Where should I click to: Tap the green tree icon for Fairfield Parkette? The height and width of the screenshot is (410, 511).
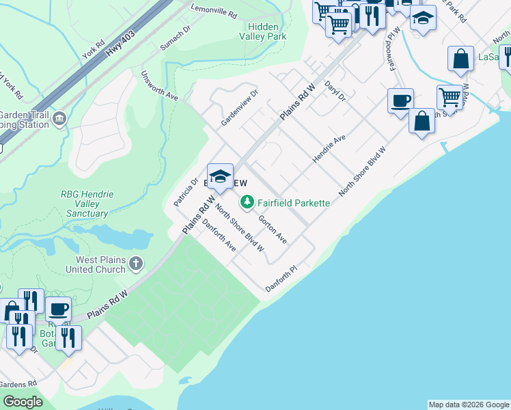pos(247,202)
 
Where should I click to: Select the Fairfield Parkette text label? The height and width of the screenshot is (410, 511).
pos(294,203)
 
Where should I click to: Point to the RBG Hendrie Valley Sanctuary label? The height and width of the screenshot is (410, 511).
pos(87,204)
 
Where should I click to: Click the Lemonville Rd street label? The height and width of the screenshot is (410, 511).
pos(212,14)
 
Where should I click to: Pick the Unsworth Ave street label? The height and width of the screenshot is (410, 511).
pos(159,86)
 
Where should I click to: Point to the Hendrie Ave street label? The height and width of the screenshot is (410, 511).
pos(329,152)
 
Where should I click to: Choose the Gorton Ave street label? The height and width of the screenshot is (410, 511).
pos(273,230)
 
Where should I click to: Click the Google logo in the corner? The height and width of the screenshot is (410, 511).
pos(23,402)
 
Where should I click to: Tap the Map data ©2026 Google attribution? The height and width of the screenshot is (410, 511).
pos(469,405)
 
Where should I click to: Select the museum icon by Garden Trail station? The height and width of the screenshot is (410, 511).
pos(59,120)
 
